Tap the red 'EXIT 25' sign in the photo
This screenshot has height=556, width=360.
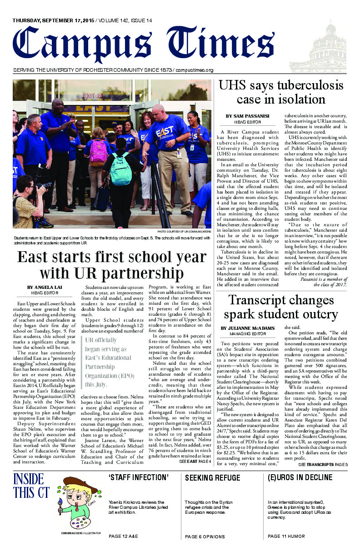[x=93, y=96]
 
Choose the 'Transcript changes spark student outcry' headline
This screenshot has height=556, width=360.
[x=280, y=307]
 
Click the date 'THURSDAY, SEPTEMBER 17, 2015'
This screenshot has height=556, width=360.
[x=54, y=20]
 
